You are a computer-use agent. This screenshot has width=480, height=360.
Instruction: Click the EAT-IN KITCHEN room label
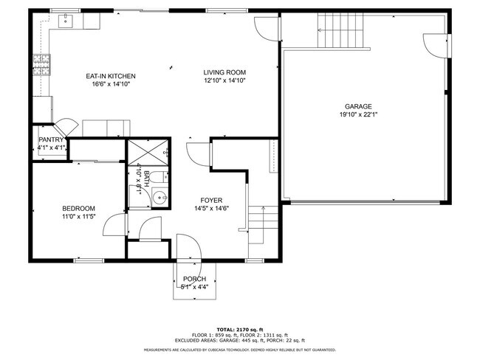pyautogui.click(x=111, y=76)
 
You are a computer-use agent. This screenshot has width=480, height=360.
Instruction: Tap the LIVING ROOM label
pyautogui.click(x=224, y=72)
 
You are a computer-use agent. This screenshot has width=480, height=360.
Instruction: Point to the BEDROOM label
pyautogui.click(x=78, y=209)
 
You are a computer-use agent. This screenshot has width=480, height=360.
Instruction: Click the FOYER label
pyautogui.click(x=211, y=200)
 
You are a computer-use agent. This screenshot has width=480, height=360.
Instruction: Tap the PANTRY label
pyautogui.click(x=52, y=139)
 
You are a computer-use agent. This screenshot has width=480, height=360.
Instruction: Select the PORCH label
pyautogui.click(x=195, y=279)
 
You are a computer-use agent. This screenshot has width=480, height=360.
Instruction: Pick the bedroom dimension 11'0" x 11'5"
pyautogui.click(x=78, y=217)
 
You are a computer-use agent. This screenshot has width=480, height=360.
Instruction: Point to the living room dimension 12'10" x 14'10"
pyautogui.click(x=224, y=80)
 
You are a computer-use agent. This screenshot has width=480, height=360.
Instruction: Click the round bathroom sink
pyautogui.click(x=159, y=198)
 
